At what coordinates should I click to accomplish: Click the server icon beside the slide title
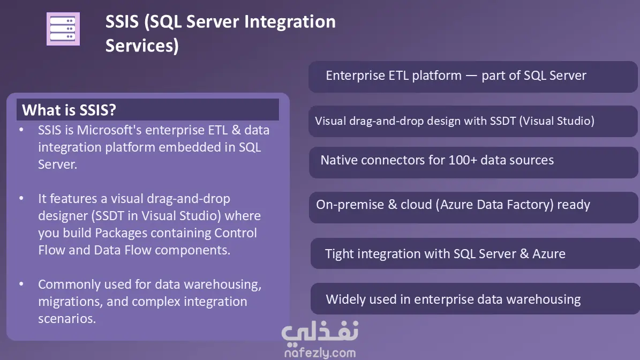tap(63, 29)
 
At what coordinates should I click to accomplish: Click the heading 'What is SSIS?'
tap(69, 110)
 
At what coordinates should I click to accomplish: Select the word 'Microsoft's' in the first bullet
tap(109, 130)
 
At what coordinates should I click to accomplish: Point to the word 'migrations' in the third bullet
tap(71, 301)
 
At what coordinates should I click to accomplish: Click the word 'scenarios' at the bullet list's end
tap(66, 318)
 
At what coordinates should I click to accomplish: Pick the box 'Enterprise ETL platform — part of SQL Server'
tap(473, 76)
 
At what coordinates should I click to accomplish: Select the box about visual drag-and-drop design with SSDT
tap(473, 121)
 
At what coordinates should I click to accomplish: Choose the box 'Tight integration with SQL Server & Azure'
tap(475, 253)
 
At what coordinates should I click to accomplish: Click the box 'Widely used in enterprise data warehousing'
tap(475, 299)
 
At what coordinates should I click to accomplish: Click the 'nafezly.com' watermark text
tap(320, 352)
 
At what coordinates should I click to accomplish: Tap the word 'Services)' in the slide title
tap(142, 46)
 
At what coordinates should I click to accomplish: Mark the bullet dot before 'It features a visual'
tap(21, 199)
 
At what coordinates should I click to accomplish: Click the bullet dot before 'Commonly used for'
tap(21, 284)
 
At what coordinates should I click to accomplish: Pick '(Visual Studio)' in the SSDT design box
tap(557, 121)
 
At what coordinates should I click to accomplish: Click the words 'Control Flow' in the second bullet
tap(148, 241)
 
